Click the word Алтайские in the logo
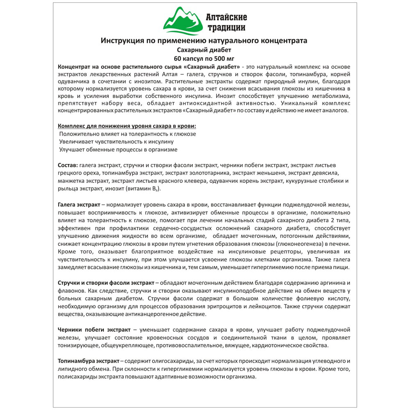(226, 18)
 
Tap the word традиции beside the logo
(226, 28)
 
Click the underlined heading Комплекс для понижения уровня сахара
(127, 125)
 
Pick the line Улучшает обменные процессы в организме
(118, 150)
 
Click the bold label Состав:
(68, 165)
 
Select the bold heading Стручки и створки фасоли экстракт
(106, 283)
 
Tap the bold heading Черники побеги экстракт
(95, 330)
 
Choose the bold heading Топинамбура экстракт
(89, 361)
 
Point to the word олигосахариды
(167, 361)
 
